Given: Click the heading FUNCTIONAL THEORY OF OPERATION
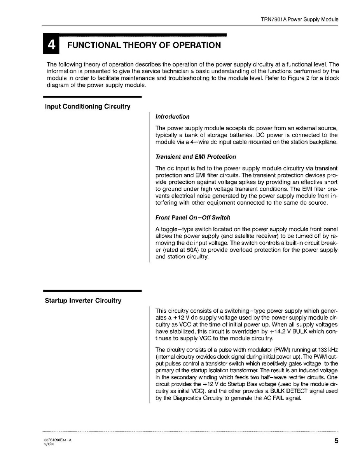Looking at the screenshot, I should click(x=144, y=45).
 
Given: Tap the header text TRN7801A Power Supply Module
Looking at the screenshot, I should click(x=299, y=19).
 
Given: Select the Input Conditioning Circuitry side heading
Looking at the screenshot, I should click(x=87, y=107).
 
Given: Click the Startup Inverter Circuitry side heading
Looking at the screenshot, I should click(x=83, y=301).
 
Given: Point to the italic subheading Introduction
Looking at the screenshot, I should click(x=172, y=117).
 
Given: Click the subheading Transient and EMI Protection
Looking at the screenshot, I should click(x=196, y=157).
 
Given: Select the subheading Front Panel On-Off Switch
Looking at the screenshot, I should click(x=193, y=217).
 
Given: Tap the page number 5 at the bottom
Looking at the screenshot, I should click(x=336, y=441).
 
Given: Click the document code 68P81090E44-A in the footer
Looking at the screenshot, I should click(x=58, y=439).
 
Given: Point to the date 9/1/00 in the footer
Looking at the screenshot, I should click(x=49, y=443).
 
